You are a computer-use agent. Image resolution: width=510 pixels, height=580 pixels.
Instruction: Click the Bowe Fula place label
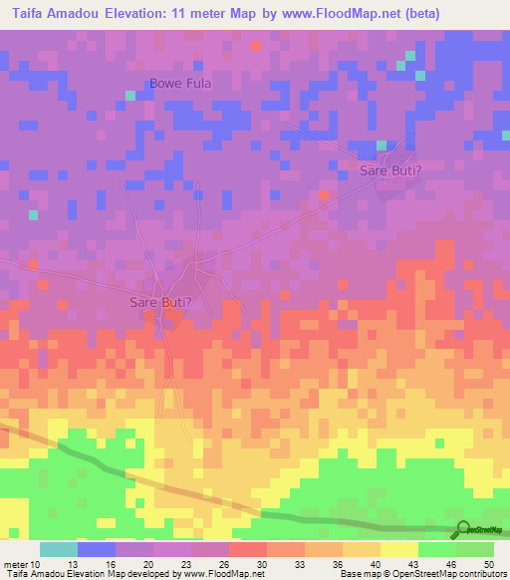coord(180,84)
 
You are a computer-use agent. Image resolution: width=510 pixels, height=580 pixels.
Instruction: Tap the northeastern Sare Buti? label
coord(390,171)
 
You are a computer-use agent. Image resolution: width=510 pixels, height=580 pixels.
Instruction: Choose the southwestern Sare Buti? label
coord(160,301)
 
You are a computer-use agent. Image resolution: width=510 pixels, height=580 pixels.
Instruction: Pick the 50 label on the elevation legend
coord(487,563)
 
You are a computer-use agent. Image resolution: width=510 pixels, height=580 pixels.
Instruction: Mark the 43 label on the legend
coord(411,563)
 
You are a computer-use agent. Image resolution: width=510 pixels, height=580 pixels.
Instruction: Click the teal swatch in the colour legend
coord(59,549)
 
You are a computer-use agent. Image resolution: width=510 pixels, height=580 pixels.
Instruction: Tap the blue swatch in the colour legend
coord(97,549)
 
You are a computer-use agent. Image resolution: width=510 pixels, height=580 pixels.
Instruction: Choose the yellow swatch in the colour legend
coord(399,549)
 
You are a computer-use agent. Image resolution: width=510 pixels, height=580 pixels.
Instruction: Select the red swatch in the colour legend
coord(248,549)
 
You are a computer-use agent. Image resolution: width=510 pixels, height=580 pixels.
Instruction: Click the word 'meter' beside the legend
coord(14,563)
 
